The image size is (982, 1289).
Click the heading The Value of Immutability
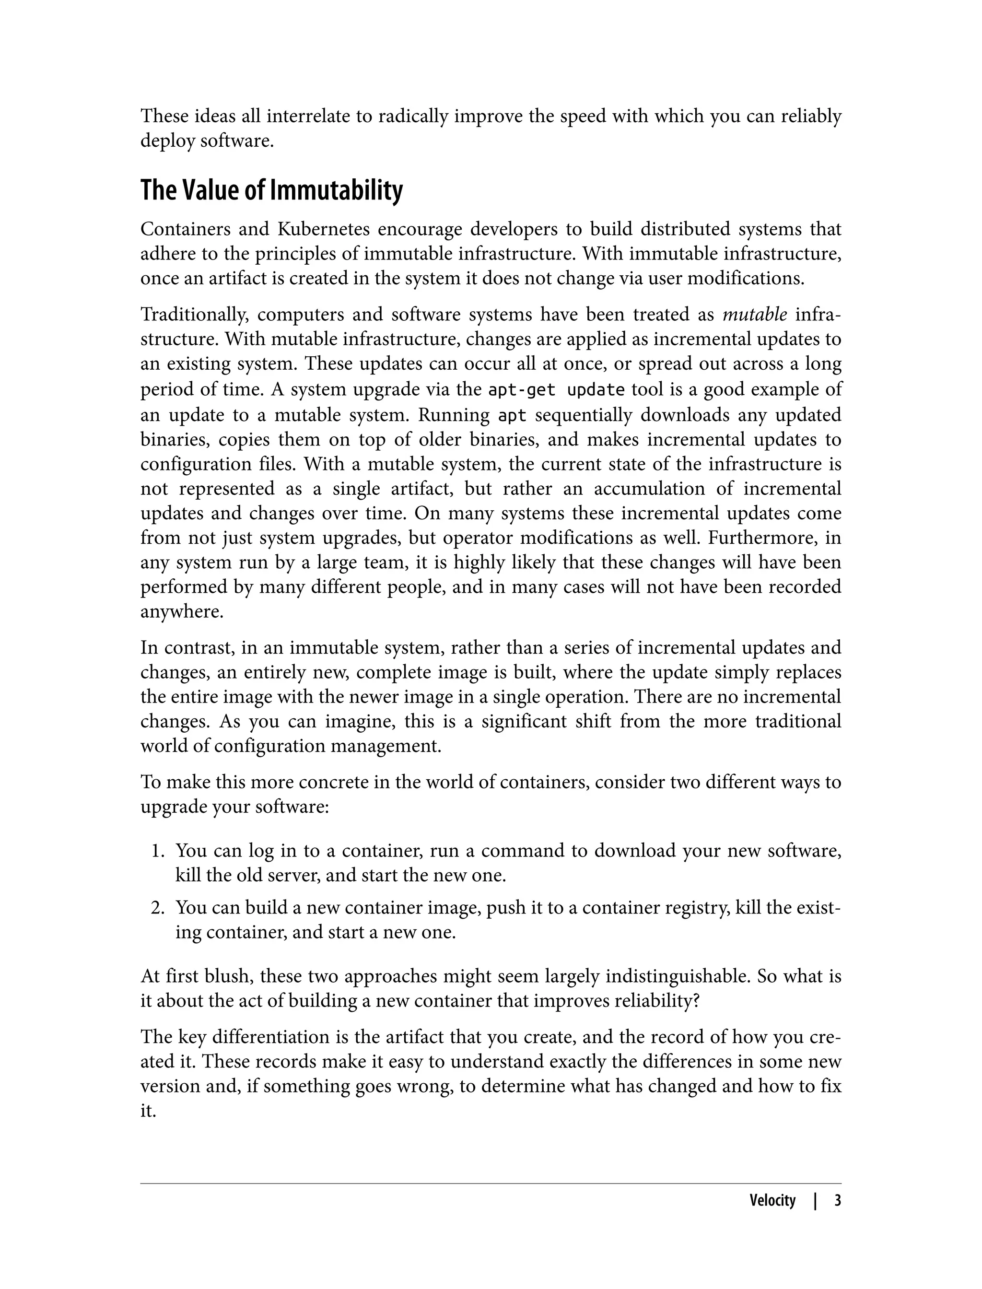point(271,191)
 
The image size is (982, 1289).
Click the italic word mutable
point(755,315)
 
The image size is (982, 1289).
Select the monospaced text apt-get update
point(556,389)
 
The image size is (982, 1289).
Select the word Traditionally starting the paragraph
point(195,315)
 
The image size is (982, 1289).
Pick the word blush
point(228,976)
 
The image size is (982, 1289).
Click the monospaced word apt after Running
point(512,415)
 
